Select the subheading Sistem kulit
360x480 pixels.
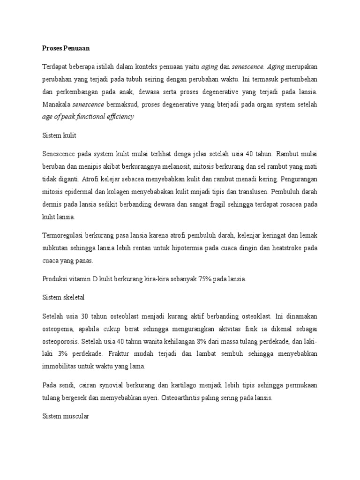point(59,135)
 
